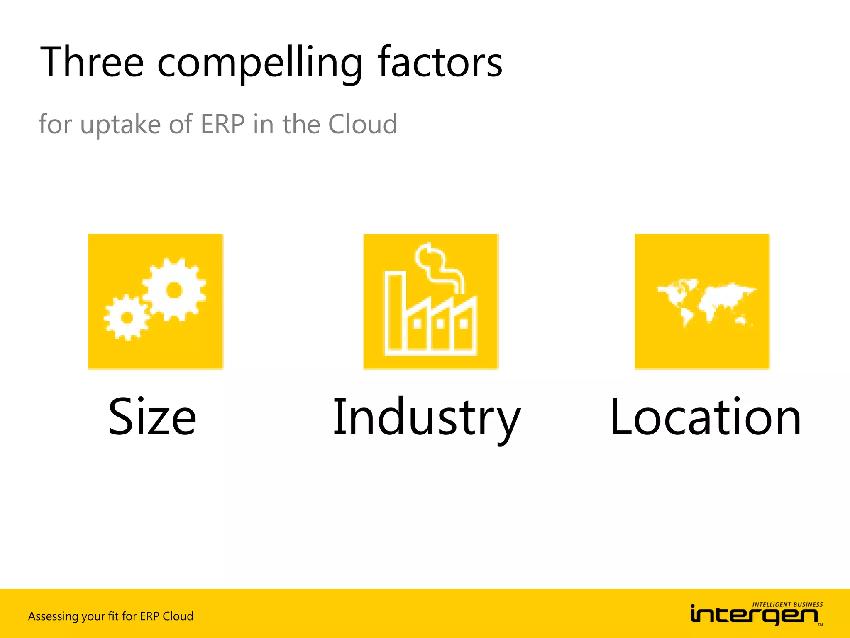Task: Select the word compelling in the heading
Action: coord(260,63)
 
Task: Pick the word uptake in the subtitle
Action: coord(120,125)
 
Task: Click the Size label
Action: coord(152,417)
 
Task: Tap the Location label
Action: coord(705,417)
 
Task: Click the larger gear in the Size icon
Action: coord(174,290)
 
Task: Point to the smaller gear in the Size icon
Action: coord(127,318)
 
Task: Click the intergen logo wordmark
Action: coord(754,615)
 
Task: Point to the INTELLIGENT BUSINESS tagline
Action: coord(787,605)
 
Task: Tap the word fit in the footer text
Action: coord(113,616)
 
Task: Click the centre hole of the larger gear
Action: coord(174,290)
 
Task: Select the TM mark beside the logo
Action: coord(820,625)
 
